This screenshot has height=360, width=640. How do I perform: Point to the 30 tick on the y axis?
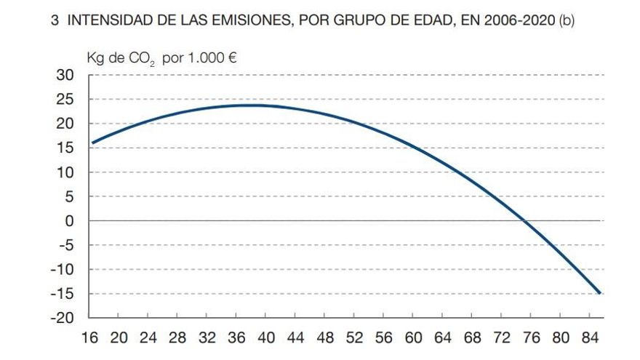pyautogui.click(x=65, y=75)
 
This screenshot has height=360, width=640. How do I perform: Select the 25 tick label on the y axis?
pyautogui.click(x=65, y=100)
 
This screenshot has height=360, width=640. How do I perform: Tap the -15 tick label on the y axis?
pyautogui.click(x=63, y=294)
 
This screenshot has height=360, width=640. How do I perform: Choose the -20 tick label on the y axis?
pyautogui.click(x=63, y=318)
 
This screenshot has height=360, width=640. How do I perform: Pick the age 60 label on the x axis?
pyautogui.click(x=412, y=338)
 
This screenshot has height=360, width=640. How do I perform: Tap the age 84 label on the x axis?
pyautogui.click(x=589, y=338)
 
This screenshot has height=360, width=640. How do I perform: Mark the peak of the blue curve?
pyautogui.click(x=251, y=105)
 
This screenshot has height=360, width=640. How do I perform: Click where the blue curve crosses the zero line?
pyautogui.click(x=526, y=220)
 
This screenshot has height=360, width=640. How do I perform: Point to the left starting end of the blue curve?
pyautogui.click(x=92, y=143)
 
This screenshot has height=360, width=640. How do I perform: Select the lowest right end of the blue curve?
pyautogui.click(x=599, y=292)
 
